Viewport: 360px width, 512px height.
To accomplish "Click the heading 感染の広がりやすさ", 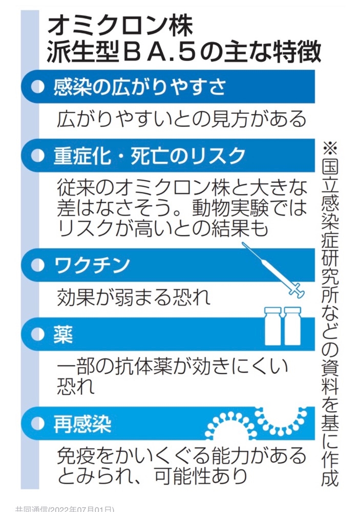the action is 140,87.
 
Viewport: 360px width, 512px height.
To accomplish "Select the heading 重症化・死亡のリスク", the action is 150,156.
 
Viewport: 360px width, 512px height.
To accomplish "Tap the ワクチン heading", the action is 92,265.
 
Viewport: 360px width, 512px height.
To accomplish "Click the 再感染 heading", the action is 82,424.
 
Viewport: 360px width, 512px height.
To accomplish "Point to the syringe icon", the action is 273,270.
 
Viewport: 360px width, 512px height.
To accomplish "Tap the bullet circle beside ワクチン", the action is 37,265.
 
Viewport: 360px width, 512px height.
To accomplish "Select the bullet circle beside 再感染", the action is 37,424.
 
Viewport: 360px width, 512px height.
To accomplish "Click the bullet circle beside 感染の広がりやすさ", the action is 37,87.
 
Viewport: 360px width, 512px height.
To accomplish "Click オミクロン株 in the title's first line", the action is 120,27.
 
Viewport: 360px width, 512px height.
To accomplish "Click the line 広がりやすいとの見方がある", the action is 182,119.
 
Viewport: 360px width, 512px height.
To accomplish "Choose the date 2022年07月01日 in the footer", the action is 81,509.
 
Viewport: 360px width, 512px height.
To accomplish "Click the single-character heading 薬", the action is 63,334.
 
